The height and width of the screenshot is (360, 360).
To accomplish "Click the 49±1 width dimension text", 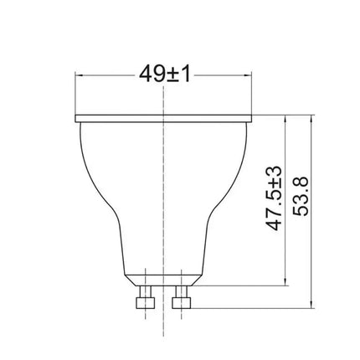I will coord(165,75).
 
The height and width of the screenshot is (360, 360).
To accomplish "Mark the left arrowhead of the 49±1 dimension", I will coord(80,75).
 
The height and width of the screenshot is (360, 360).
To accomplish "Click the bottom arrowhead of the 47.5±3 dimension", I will coord(287,280).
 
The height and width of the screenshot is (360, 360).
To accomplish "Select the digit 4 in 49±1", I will coord(146,75).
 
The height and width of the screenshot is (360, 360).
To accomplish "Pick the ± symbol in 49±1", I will coord(172,75).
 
